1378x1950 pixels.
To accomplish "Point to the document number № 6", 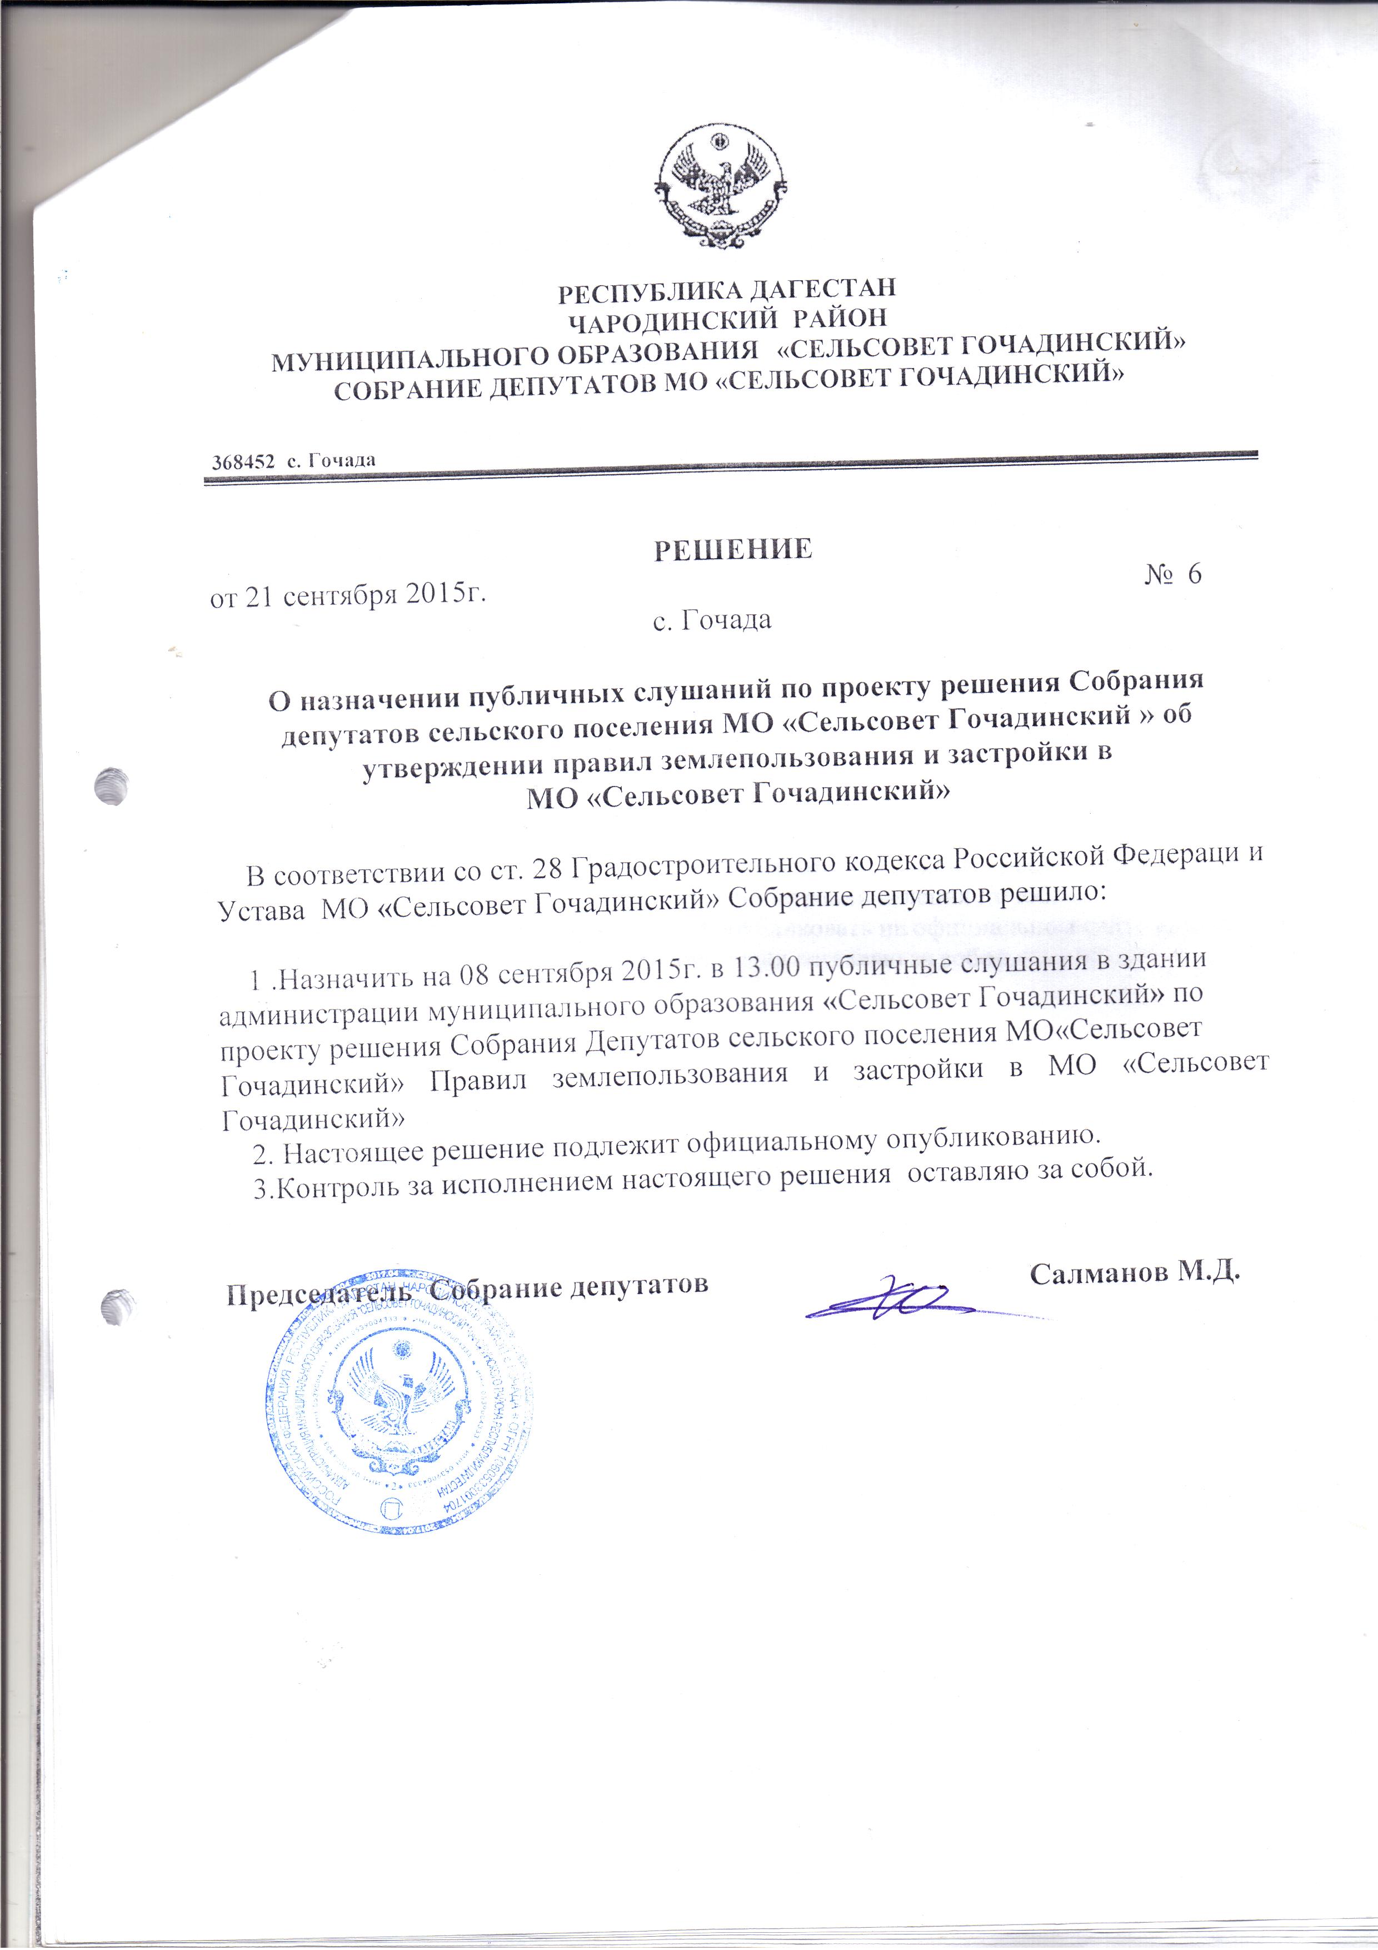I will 1174,575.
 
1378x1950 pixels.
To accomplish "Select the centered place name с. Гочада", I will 711,620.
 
